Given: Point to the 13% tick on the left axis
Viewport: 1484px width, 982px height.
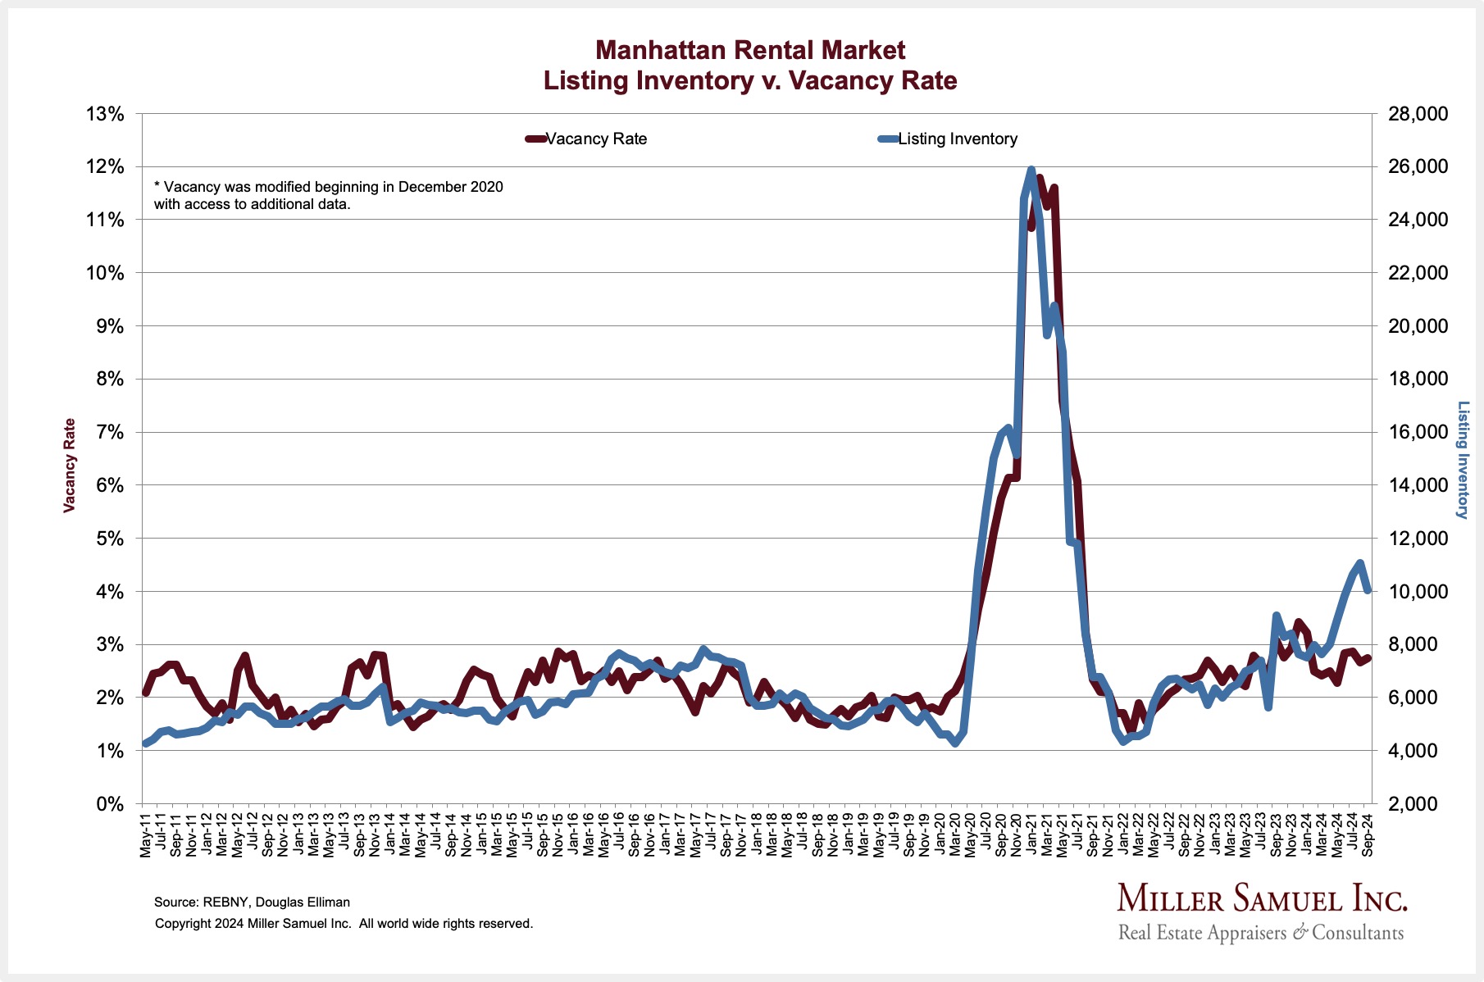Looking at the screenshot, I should (x=105, y=114).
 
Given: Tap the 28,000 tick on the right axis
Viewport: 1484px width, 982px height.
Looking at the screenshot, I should (x=1418, y=114).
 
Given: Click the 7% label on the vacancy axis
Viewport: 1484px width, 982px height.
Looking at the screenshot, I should (x=109, y=432).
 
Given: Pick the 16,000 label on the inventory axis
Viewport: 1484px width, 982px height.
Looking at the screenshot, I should (x=1418, y=432).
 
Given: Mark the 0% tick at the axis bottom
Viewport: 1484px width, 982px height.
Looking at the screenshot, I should (x=109, y=804).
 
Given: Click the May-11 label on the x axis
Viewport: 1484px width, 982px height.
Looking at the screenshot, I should (x=146, y=834).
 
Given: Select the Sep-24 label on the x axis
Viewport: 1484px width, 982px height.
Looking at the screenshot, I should (x=1368, y=834).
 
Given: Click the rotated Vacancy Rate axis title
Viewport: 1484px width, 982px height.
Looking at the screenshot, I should (x=70, y=466).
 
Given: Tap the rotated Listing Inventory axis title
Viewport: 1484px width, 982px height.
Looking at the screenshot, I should (x=1462, y=459).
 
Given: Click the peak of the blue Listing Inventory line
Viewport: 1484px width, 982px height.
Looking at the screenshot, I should (x=1031, y=170).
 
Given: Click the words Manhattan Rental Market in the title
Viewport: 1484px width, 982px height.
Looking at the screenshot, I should (x=750, y=50).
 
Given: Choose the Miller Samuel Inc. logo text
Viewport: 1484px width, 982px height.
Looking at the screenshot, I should (x=1262, y=899).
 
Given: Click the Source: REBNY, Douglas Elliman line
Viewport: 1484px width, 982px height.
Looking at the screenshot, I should (x=252, y=902).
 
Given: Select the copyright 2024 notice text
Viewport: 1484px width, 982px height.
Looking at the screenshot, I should (x=344, y=924).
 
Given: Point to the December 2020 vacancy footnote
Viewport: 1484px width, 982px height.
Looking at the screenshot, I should (x=329, y=195).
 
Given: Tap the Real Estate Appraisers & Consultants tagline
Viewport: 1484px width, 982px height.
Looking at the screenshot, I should (x=1261, y=933).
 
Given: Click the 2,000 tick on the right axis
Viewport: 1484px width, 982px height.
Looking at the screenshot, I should (x=1418, y=804).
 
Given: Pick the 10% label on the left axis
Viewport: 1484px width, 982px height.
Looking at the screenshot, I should (x=105, y=273).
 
